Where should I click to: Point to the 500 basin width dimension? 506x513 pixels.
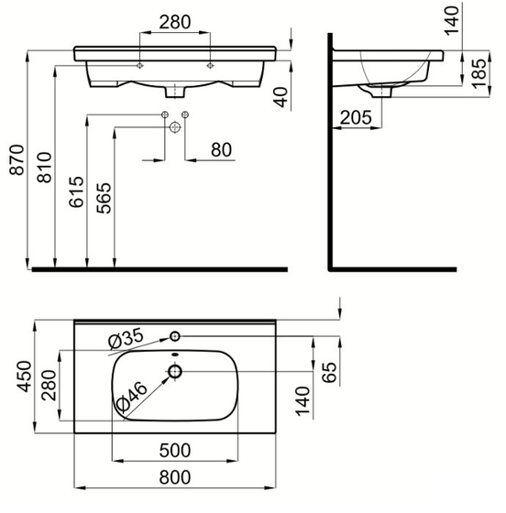click(x=174, y=451)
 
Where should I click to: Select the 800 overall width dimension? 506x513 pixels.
click(x=174, y=477)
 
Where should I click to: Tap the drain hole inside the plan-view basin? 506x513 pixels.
click(x=174, y=371)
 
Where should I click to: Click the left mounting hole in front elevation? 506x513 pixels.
click(x=138, y=66)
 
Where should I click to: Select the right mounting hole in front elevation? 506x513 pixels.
click(x=210, y=66)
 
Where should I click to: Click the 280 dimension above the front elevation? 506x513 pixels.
click(x=174, y=21)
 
